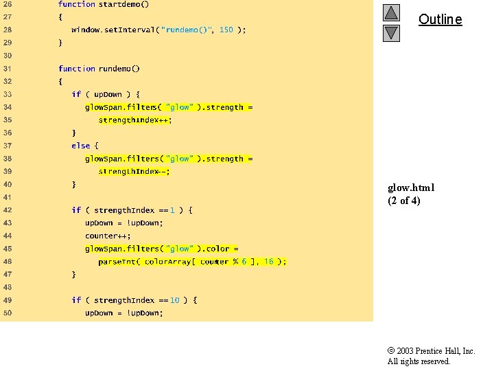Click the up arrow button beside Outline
pos(391,13)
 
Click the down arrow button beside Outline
pos(391,33)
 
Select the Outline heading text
pos(440,19)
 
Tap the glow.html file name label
pos(411,188)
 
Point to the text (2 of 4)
pos(404,201)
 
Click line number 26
pos(7,4)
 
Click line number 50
pos(7,313)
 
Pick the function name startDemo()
pos(123,4)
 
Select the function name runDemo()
pos(119,69)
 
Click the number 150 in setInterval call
pos(226,30)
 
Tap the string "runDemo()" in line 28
pos(187,30)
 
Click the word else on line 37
pos(80,146)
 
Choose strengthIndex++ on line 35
pos(134,120)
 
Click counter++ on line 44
pos(108,236)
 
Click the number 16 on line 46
pos(268,262)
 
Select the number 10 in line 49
pos(175,300)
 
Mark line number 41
pos(7,197)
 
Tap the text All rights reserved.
pos(419,361)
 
